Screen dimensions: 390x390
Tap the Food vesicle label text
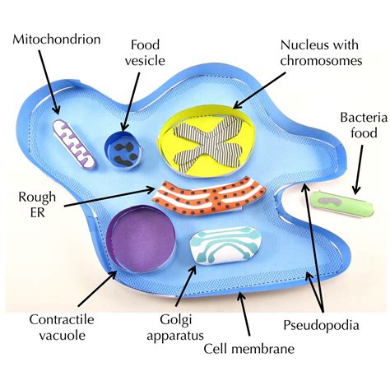click(149, 51)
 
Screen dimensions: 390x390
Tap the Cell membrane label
click(249, 348)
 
